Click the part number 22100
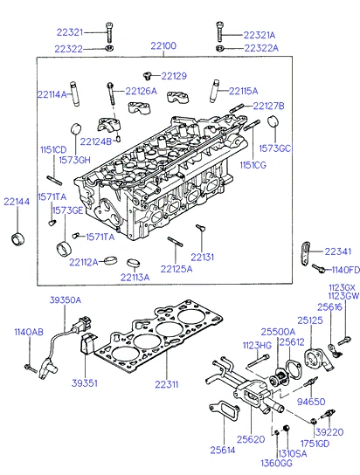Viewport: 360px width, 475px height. [163, 45]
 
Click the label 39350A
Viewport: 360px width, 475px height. [65, 299]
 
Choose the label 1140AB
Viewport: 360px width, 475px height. [28, 333]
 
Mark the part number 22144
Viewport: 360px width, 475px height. [17, 201]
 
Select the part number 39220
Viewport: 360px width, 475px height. [329, 431]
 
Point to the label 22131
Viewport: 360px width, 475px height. [202, 257]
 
